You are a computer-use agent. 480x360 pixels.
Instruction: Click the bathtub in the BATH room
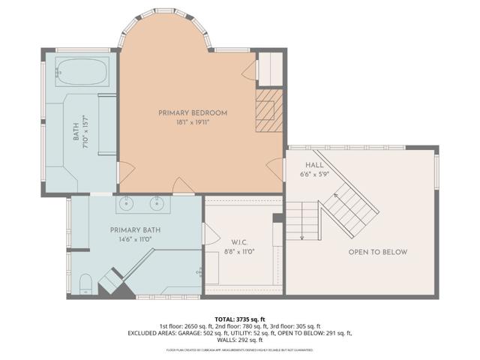click(82, 73)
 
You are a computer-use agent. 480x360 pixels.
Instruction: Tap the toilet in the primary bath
click(85, 282)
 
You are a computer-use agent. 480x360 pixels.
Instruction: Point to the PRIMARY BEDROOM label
click(193, 113)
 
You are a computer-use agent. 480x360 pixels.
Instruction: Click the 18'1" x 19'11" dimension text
click(193, 123)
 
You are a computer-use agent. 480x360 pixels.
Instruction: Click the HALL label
click(313, 165)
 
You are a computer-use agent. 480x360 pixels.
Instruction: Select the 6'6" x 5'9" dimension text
click(315, 175)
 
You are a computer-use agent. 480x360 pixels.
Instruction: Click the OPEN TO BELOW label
click(378, 252)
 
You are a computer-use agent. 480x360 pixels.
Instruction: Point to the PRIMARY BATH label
click(135, 229)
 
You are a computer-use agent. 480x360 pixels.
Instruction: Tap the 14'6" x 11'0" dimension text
click(135, 240)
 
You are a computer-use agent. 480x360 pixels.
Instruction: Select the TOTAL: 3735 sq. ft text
click(239, 318)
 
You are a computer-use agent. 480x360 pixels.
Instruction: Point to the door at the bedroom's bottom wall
click(182, 185)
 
